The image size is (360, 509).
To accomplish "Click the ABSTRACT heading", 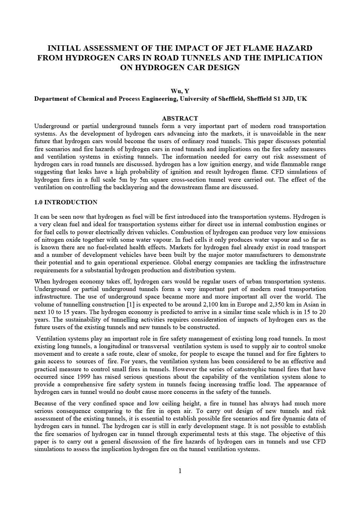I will pos(180,118).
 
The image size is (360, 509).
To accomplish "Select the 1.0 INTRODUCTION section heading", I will pos(66,202).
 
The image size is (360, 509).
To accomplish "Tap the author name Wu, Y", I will pos(180,91).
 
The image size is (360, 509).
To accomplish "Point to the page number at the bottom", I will pos(180,471).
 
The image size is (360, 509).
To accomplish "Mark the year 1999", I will pos(86,377).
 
